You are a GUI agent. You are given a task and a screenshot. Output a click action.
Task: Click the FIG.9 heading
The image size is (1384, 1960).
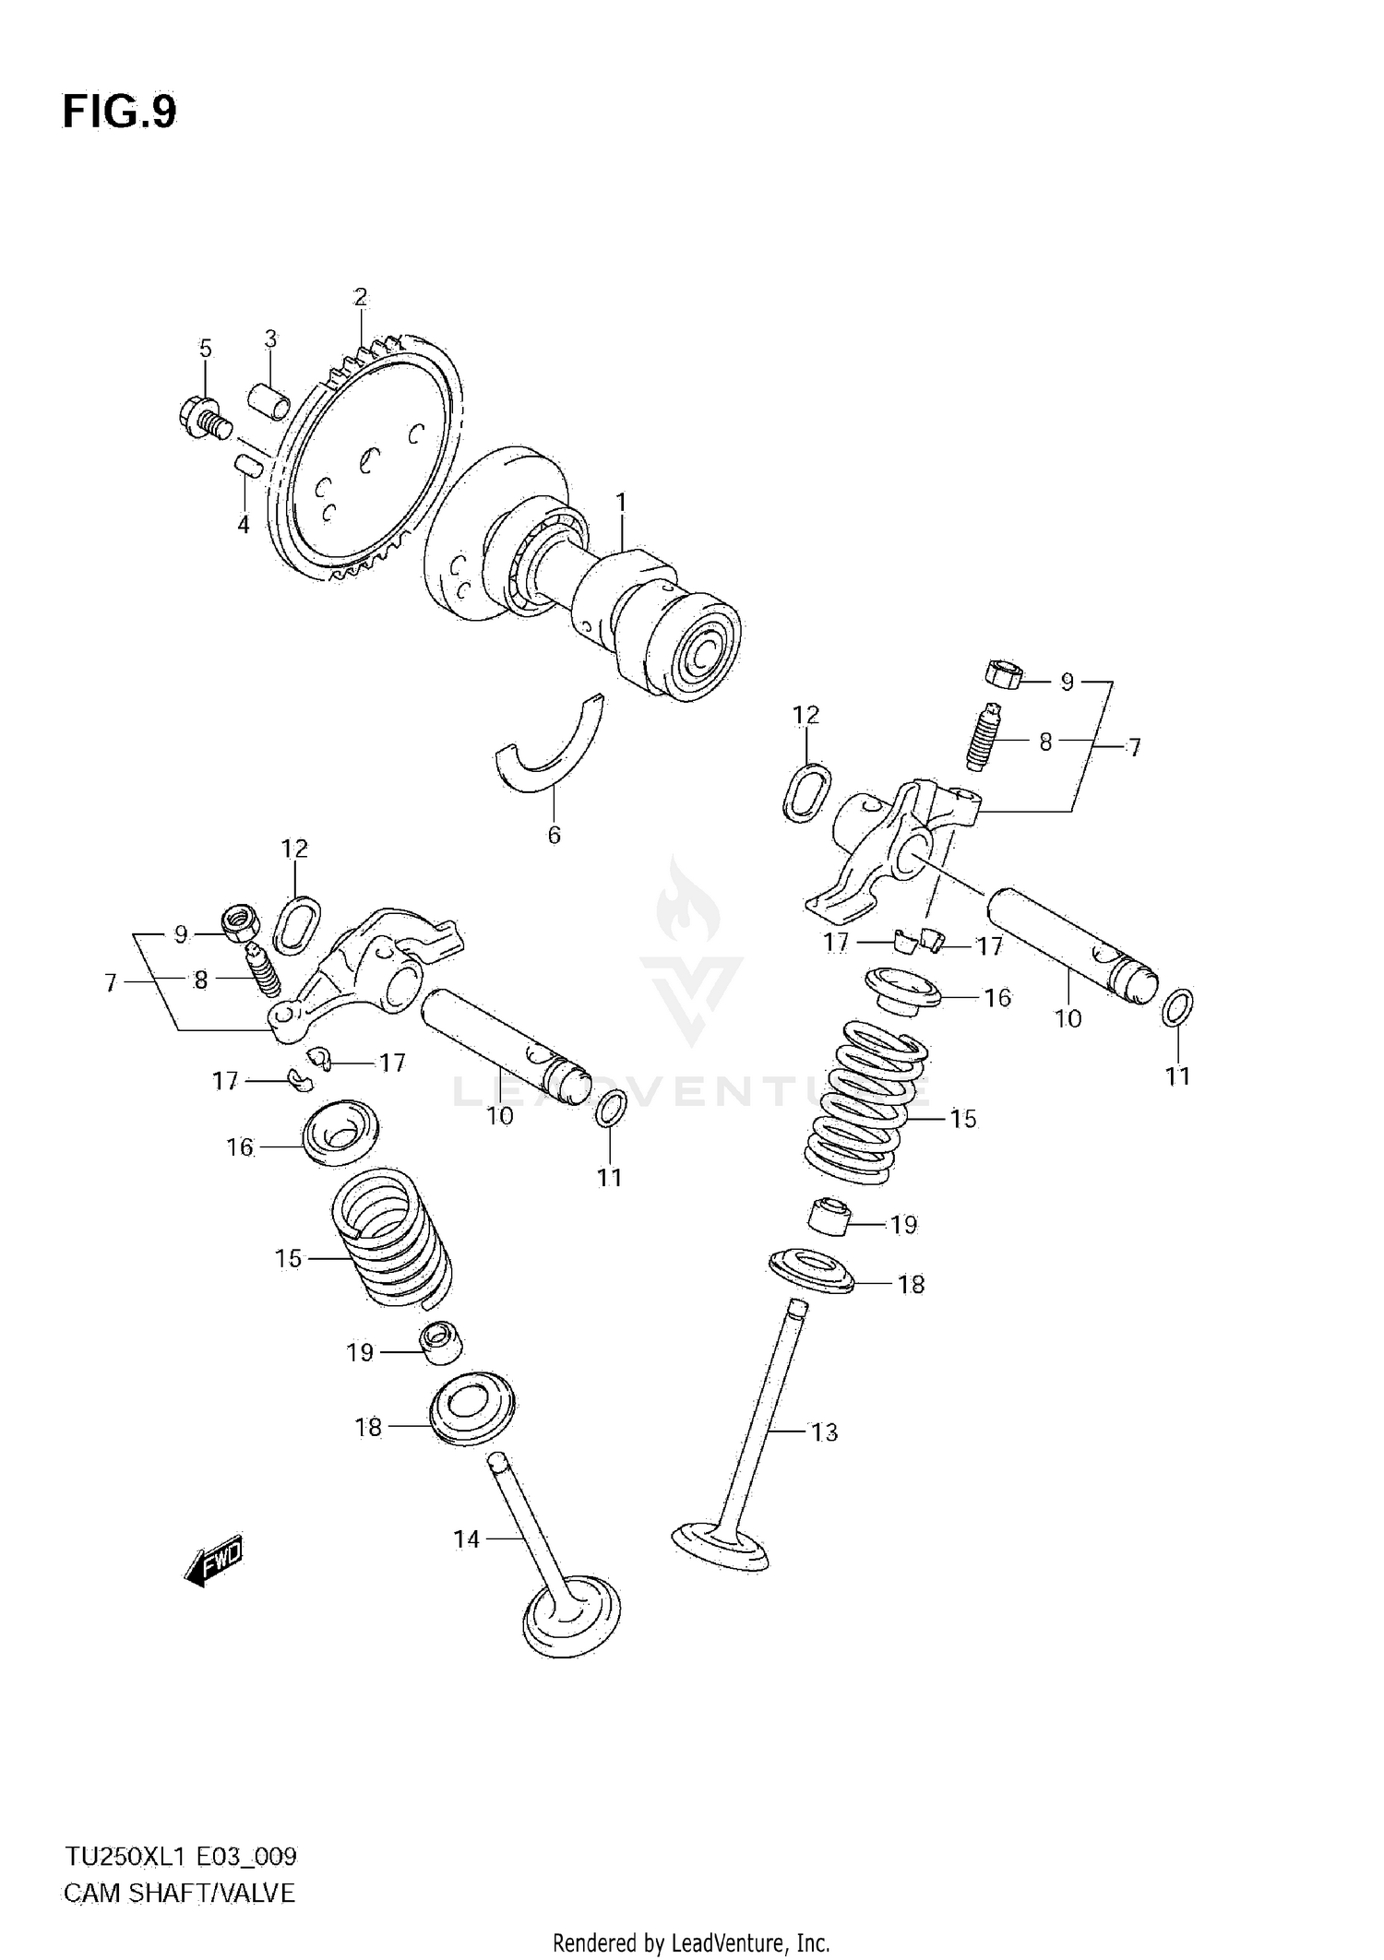click(119, 113)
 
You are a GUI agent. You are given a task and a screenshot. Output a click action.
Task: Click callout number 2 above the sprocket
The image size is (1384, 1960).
click(360, 297)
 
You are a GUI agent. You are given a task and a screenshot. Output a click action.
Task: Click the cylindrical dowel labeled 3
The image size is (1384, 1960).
click(268, 399)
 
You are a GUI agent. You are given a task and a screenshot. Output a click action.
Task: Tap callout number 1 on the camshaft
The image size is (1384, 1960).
click(621, 503)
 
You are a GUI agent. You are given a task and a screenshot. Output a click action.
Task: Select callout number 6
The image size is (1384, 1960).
click(554, 835)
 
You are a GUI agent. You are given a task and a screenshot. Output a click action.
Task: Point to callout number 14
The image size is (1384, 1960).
click(467, 1538)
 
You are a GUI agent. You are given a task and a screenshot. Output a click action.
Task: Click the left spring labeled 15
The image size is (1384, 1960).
click(392, 1236)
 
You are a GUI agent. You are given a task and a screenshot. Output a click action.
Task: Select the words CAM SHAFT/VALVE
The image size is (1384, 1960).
click(178, 1894)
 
